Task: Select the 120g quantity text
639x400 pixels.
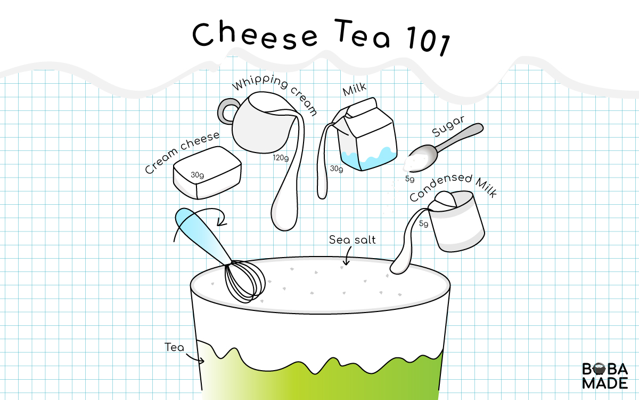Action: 281,158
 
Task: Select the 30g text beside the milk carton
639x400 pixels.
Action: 336,169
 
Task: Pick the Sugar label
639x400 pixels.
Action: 448,125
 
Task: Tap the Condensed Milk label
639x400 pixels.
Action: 453,187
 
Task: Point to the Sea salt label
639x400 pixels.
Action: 352,240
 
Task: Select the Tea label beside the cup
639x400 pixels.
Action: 174,348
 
